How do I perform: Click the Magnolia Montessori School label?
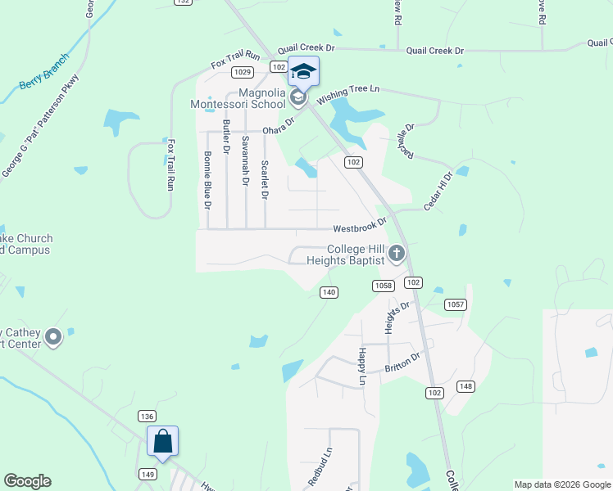(x=238, y=98)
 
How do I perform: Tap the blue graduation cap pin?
(x=303, y=71)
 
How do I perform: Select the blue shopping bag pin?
(x=162, y=442)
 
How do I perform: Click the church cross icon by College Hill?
(x=397, y=254)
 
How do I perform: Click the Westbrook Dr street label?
(x=359, y=224)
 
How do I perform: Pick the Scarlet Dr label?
(x=265, y=179)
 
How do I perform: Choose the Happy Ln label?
(x=361, y=365)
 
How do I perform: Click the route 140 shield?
(x=329, y=292)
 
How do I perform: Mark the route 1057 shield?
(x=456, y=304)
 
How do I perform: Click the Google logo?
(x=27, y=481)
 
